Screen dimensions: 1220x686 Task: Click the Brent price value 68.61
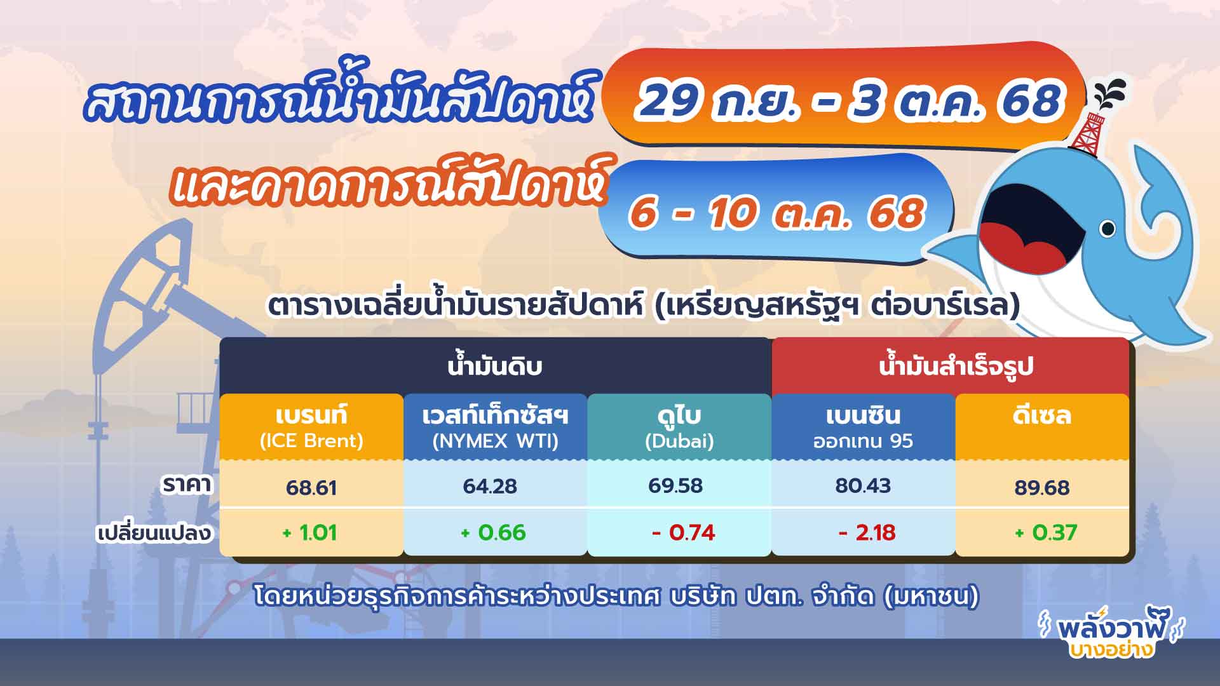coord(311,487)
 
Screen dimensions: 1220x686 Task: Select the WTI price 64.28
coord(490,487)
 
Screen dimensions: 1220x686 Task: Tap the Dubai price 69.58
coord(675,486)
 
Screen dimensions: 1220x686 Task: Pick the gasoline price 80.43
coord(863,486)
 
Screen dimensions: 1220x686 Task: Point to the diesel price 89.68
coord(1042,487)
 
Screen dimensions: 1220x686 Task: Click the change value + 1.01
coord(309,532)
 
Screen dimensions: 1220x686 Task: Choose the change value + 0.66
coord(493,532)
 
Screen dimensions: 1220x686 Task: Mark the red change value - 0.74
coord(683,532)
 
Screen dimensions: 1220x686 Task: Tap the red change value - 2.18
coord(867,532)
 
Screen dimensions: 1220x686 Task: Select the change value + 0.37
coord(1045,532)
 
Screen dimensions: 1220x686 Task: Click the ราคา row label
coord(187,485)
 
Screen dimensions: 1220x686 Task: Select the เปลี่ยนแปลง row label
coord(154,532)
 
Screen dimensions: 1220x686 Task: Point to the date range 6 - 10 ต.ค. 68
coord(776,212)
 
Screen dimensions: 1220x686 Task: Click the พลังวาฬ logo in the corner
coord(1111,635)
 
